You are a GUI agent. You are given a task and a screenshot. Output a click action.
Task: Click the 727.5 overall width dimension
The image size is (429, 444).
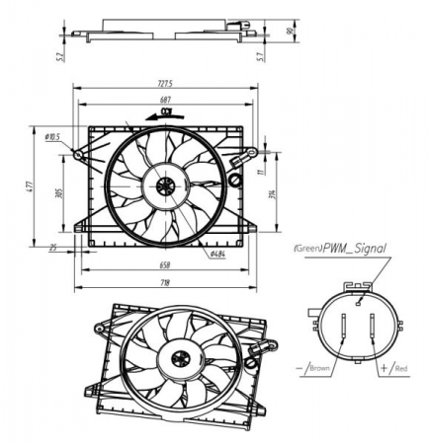(x=164, y=83)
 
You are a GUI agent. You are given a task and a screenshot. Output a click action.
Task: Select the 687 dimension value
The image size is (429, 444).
(x=165, y=100)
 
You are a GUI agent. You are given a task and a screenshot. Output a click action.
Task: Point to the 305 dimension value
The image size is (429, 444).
(x=60, y=193)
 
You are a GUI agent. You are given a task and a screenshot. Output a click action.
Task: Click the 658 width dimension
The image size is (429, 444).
(x=163, y=265)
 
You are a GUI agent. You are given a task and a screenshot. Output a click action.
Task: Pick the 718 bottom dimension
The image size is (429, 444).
(x=164, y=284)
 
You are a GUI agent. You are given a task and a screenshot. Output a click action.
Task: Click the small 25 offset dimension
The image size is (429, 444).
(x=53, y=249)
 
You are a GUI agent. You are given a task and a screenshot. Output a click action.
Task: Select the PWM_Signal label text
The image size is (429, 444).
(x=357, y=249)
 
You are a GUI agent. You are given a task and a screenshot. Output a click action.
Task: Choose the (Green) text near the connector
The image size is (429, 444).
(x=309, y=250)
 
